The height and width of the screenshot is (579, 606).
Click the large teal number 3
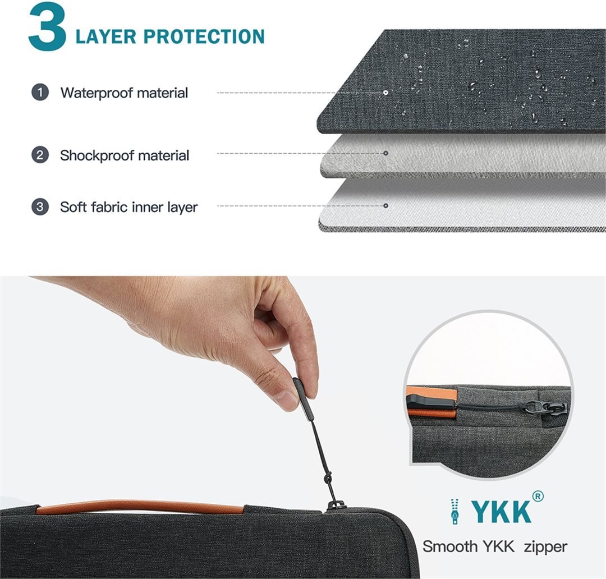(47, 27)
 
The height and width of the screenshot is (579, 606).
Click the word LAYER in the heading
(106, 36)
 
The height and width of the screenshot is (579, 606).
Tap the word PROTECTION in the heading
(204, 36)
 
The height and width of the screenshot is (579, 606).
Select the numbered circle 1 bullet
(40, 93)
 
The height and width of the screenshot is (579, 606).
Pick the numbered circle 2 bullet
(40, 155)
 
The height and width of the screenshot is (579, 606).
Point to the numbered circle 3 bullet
(40, 207)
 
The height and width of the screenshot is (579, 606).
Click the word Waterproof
(97, 93)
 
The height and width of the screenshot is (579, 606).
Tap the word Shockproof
(97, 155)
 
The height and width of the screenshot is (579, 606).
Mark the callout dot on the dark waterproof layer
(385, 93)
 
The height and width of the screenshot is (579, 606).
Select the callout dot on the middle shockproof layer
(385, 154)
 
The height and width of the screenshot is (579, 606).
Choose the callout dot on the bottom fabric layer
(385, 206)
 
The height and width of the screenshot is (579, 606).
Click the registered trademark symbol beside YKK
(538, 496)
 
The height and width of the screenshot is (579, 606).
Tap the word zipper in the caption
(545, 546)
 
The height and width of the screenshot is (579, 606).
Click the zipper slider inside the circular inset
(554, 408)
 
